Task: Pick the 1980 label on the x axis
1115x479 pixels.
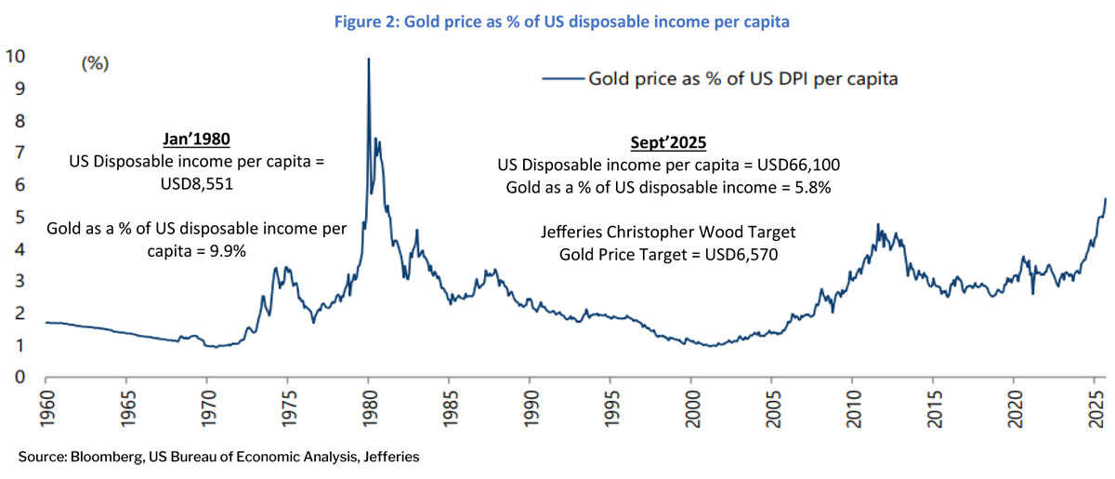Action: [x=369, y=409]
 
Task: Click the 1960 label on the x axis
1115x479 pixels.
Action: [x=46, y=409]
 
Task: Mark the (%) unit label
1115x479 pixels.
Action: [x=97, y=64]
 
